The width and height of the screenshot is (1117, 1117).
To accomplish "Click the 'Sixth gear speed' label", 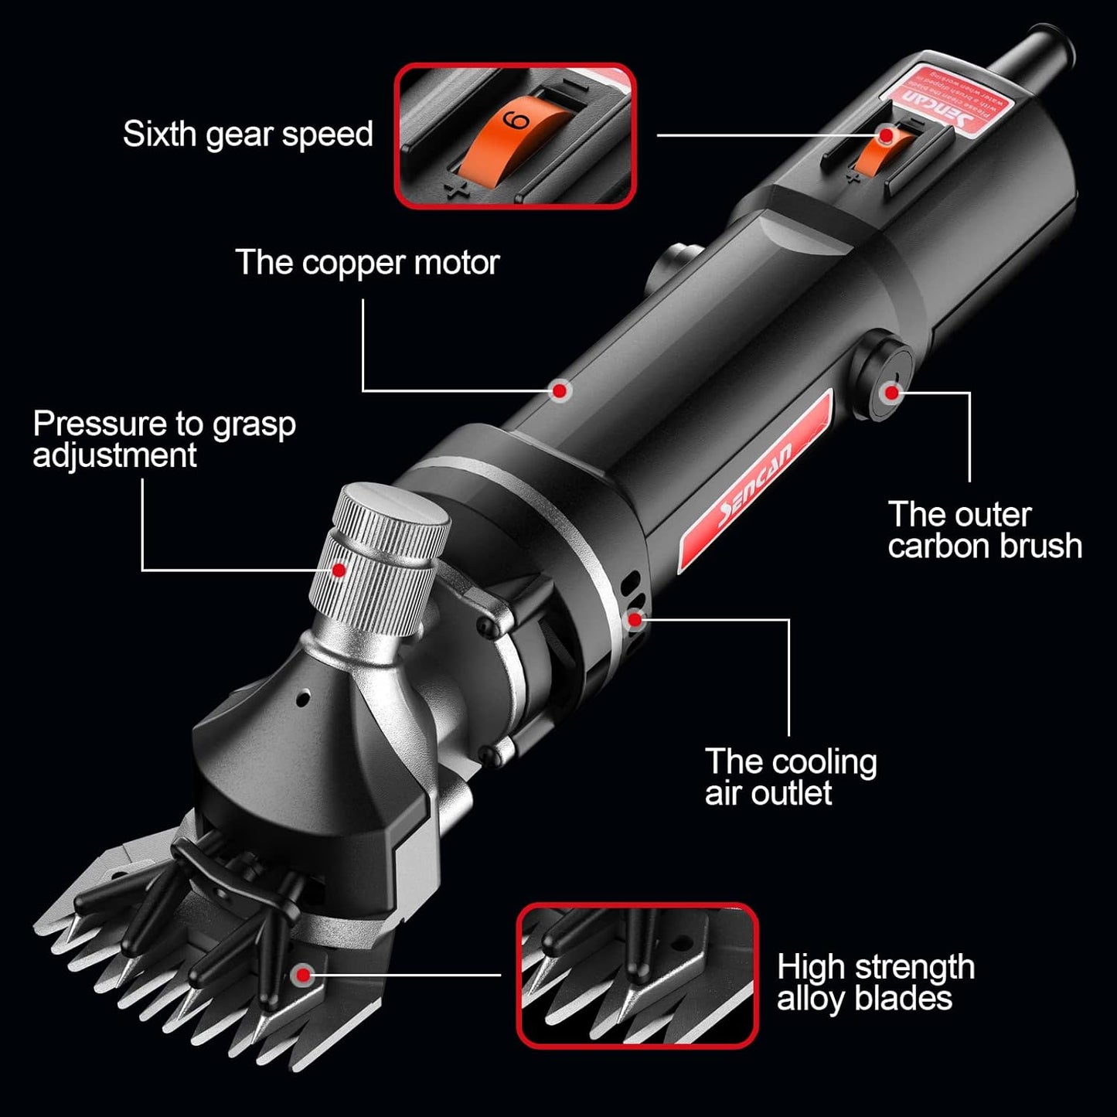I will tap(247, 135).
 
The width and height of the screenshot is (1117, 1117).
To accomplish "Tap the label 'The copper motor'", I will tap(367, 263).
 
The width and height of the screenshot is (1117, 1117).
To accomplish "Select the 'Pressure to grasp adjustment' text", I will tap(164, 439).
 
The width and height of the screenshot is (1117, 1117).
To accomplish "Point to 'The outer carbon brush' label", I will tap(984, 530).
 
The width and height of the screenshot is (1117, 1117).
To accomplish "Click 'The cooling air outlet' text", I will tap(790, 777).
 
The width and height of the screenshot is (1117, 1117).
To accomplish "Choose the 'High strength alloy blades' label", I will tap(875, 982).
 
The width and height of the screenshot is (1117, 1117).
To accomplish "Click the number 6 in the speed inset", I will tap(516, 121).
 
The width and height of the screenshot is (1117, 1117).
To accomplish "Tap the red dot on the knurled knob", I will tap(338, 570).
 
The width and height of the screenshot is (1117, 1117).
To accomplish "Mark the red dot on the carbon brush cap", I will tap(892, 392).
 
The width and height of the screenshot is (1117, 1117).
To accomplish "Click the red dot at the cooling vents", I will tap(635, 618).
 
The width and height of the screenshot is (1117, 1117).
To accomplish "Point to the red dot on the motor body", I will tap(560, 390).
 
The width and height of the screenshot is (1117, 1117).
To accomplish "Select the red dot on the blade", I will tap(303, 974).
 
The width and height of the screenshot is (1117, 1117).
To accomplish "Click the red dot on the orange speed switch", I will tap(886, 135).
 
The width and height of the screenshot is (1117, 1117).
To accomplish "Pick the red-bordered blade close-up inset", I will tap(637, 976).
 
